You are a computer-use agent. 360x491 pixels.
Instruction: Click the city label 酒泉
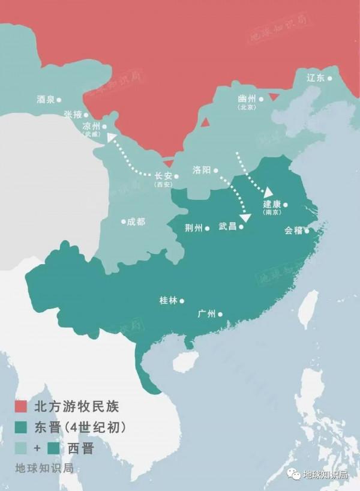click(x=46, y=100)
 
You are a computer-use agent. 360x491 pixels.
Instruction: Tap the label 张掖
click(x=72, y=115)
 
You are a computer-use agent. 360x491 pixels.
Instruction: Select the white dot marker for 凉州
click(x=104, y=127)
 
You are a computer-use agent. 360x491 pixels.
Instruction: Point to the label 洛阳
click(x=202, y=170)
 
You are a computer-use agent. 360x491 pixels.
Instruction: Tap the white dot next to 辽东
click(x=329, y=78)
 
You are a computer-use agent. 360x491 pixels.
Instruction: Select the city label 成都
click(x=136, y=221)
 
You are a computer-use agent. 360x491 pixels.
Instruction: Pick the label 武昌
click(x=227, y=227)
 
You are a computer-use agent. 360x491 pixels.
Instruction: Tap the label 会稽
click(x=293, y=230)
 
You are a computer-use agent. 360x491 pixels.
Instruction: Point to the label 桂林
click(x=168, y=301)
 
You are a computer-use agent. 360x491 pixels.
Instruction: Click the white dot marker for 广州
click(x=220, y=314)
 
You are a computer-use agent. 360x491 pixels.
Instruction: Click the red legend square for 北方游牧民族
click(x=22, y=406)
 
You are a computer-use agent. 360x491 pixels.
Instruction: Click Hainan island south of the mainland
click(x=184, y=361)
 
